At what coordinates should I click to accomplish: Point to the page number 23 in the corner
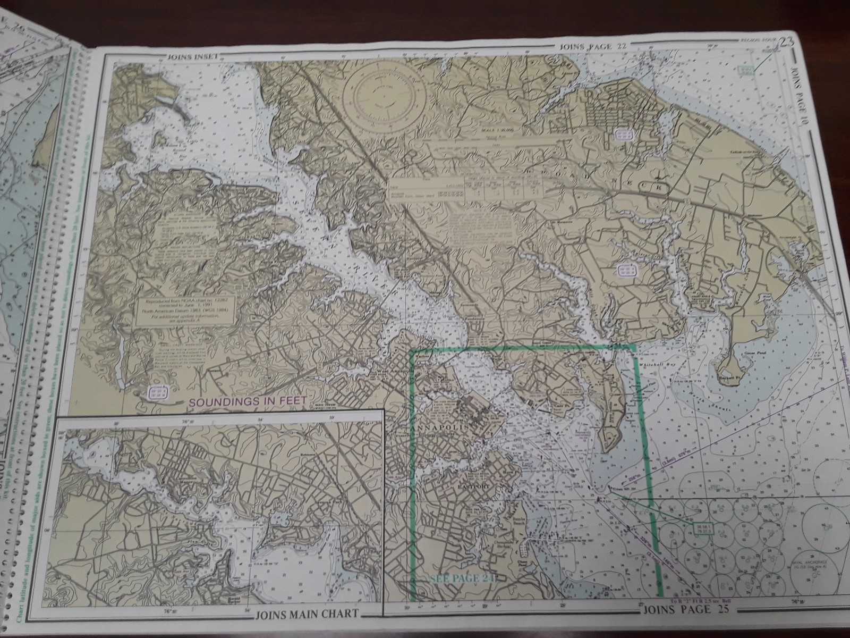pos(787,43)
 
